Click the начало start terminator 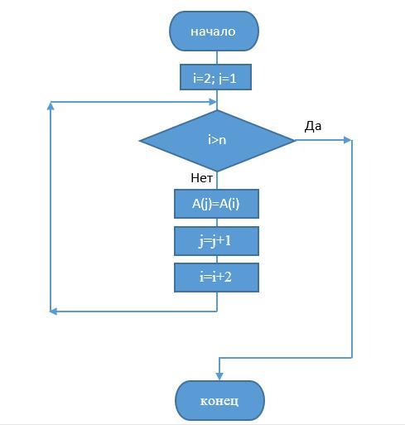(x=214, y=31)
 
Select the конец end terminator (x=219, y=400)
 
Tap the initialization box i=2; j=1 (x=215, y=77)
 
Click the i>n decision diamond (x=217, y=141)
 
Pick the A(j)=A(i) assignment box (x=216, y=204)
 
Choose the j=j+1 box (x=216, y=241)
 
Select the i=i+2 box (x=216, y=278)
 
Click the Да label (x=313, y=126)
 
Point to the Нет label (x=201, y=178)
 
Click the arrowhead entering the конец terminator (x=219, y=376)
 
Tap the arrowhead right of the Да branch (x=348, y=140)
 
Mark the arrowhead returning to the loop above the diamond (x=213, y=102)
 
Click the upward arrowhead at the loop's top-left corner (x=51, y=106)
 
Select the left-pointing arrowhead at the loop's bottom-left (x=54, y=312)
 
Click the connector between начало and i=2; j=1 (x=217, y=58)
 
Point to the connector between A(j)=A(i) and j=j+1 (x=217, y=223)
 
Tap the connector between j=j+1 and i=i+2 (x=217, y=259)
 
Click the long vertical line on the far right (x=352, y=249)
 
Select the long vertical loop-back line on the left (x=51, y=206)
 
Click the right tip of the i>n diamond (x=295, y=140)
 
